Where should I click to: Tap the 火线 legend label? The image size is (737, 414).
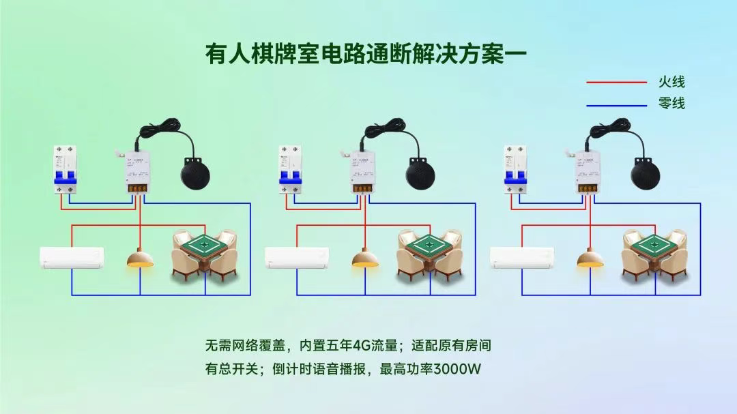pos(671,83)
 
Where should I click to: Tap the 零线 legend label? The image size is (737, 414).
pos(671,104)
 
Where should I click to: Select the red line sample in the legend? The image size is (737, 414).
pos(616,83)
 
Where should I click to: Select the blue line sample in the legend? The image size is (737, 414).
pos(616,105)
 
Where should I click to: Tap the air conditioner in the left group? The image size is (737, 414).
pos(72,258)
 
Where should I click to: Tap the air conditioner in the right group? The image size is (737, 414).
pos(522,258)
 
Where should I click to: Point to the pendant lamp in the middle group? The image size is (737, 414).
pos(365,260)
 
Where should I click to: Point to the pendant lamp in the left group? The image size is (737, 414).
pos(140,260)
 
